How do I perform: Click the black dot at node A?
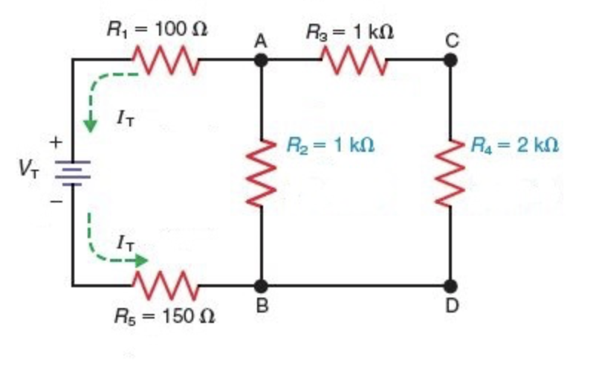coord(262,60)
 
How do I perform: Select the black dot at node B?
coord(262,285)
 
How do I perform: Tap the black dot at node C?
coord(450,60)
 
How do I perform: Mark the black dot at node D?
coord(450,285)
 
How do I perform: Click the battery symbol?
coord(73,172)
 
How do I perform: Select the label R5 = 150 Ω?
coord(164,315)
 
